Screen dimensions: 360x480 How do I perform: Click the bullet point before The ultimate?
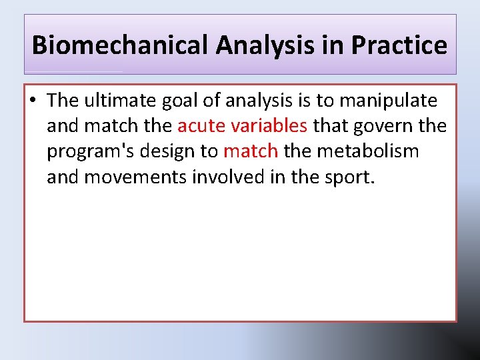[x=33, y=101]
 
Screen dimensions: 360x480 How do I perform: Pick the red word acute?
[x=201, y=126]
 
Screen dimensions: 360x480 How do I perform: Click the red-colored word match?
[x=250, y=151]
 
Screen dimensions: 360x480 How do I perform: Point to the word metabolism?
[x=368, y=151]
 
